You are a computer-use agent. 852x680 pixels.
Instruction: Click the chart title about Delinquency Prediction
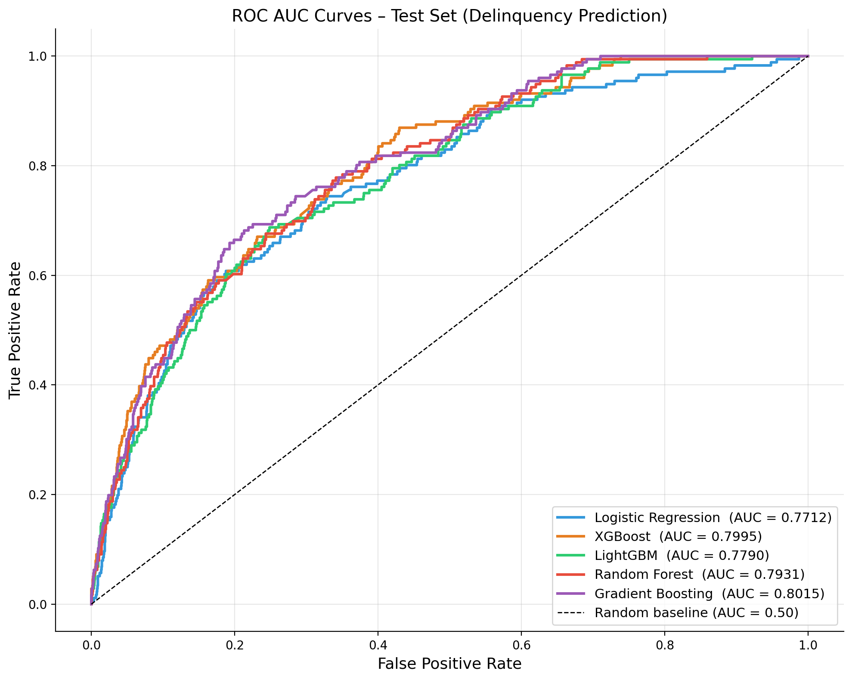point(449,16)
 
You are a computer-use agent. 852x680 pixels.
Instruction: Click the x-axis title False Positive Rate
point(449,664)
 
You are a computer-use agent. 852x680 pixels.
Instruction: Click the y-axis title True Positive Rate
point(15,330)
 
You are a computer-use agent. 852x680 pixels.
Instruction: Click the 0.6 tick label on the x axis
point(521,645)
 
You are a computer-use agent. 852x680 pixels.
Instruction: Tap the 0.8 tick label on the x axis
point(664,645)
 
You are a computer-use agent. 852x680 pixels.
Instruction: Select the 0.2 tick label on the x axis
point(234,645)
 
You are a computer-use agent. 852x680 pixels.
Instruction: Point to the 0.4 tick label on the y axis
point(38,385)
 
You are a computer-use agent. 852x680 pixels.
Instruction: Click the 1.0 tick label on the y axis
point(38,56)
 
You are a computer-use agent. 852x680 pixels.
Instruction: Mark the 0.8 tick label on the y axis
point(38,166)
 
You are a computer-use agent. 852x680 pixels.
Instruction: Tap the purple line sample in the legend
point(570,593)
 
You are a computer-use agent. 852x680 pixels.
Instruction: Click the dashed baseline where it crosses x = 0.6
point(521,275)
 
